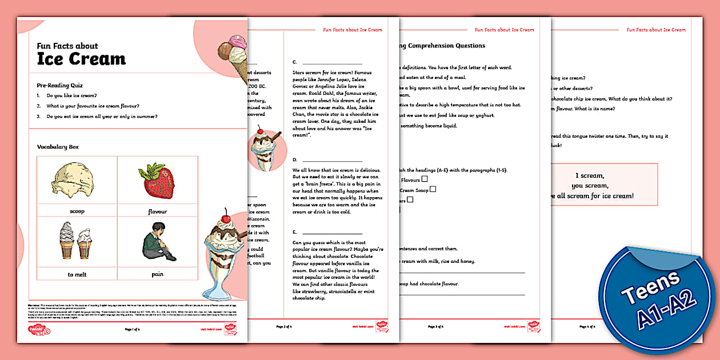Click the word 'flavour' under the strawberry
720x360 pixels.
[157, 211]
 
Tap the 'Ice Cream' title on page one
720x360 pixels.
[81, 59]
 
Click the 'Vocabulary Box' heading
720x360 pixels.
[58, 147]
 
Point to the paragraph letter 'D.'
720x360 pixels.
[295, 160]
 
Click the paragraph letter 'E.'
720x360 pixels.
[295, 233]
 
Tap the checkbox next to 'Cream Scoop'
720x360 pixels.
[433, 189]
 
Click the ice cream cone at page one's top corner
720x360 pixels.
[233, 57]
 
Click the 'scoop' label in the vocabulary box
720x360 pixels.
[77, 211]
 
